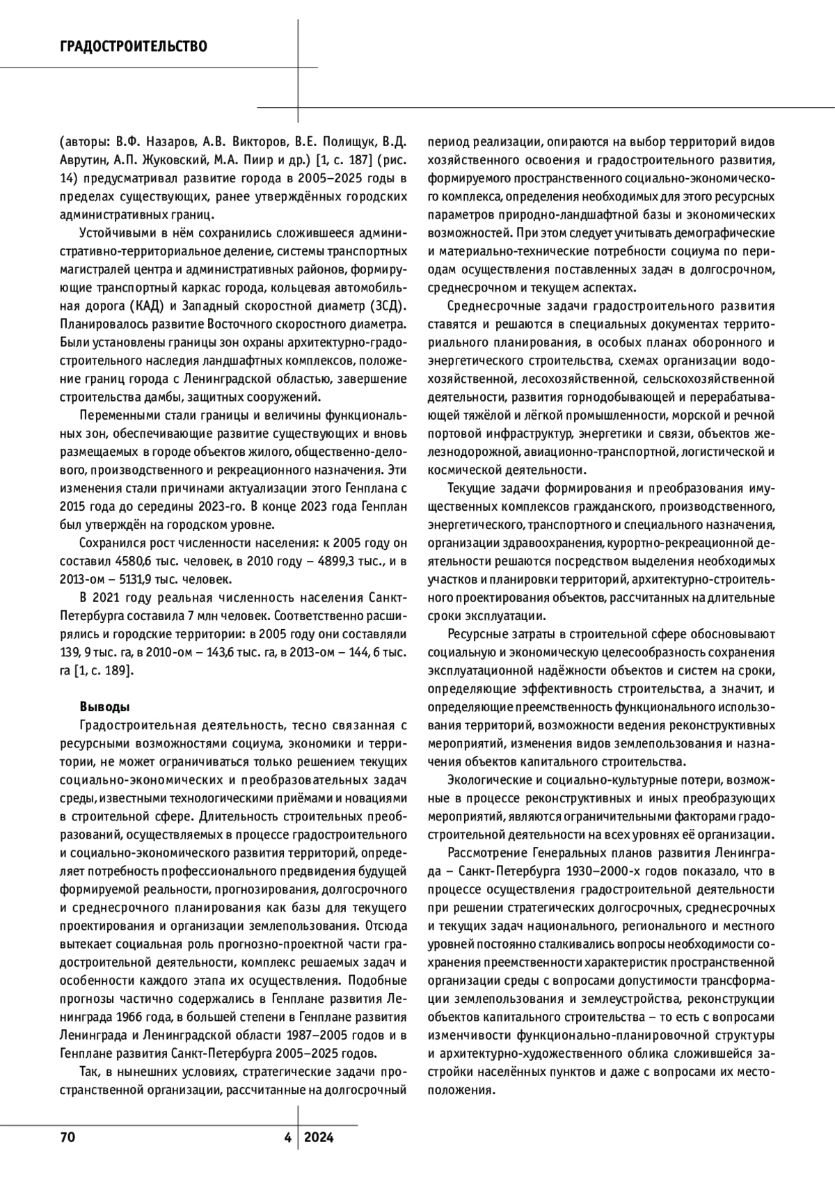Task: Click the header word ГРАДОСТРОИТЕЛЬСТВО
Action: [x=133, y=47]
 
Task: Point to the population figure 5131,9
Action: [x=137, y=578]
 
